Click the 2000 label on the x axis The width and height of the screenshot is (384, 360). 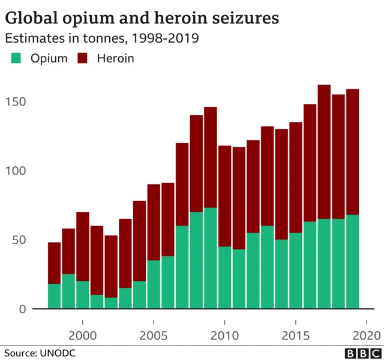pos(82,334)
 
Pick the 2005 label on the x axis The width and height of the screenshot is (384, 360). pos(154,334)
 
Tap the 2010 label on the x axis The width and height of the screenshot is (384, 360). pos(224,334)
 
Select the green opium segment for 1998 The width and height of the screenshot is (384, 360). pos(54,296)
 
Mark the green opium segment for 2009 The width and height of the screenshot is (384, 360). pos(210,259)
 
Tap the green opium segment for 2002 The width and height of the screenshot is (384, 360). pos(111,304)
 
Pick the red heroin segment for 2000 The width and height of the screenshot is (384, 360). pos(82,247)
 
